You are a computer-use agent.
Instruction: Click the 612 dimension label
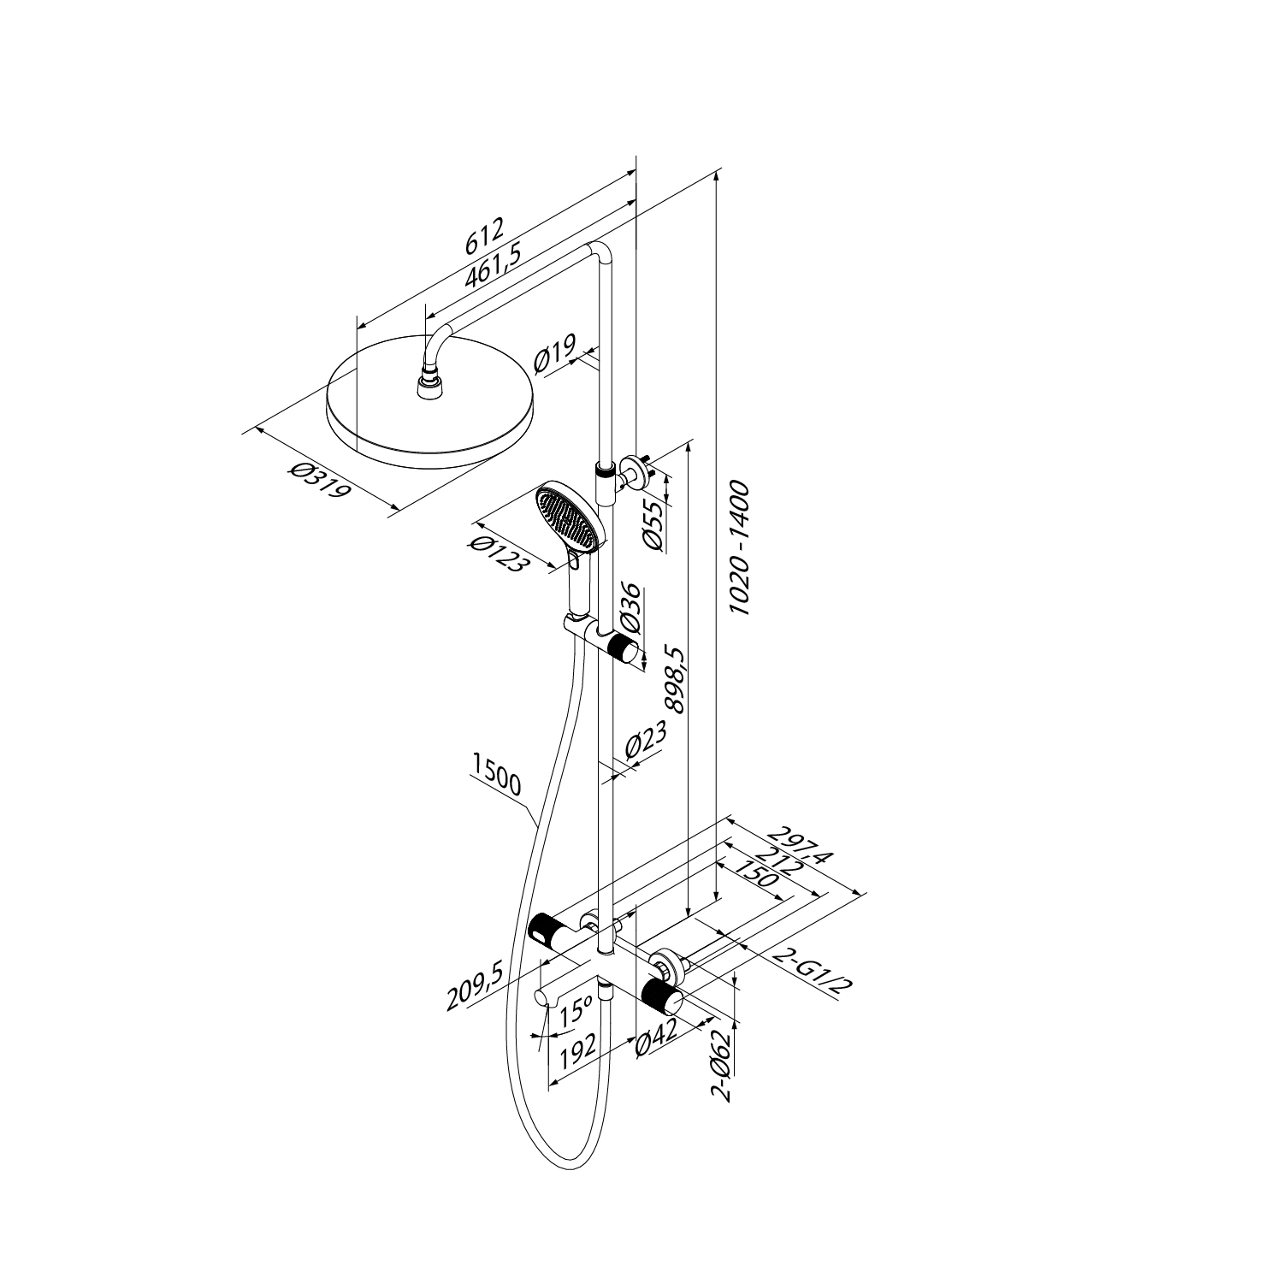pos(485,237)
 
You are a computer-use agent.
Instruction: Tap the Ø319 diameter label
pos(320,481)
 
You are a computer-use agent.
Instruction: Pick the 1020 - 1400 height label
pos(737,548)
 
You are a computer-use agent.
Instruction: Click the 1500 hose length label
pos(496,773)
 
